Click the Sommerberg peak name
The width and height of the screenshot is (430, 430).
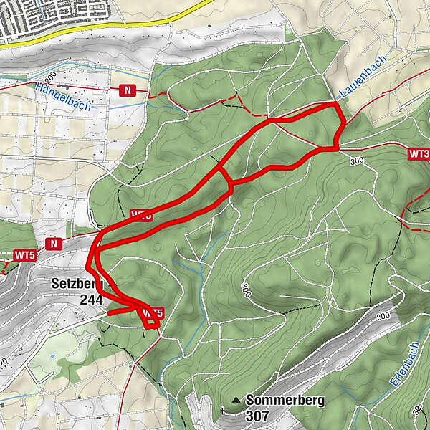(285, 401)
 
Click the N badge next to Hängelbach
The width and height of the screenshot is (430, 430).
(128, 90)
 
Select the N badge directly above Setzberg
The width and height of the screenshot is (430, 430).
(53, 244)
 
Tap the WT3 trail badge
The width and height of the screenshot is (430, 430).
(419, 153)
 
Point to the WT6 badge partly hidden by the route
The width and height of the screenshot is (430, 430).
(141, 214)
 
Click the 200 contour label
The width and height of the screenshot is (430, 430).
(49, 75)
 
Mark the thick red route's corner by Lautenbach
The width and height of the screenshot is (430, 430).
(335, 105)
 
